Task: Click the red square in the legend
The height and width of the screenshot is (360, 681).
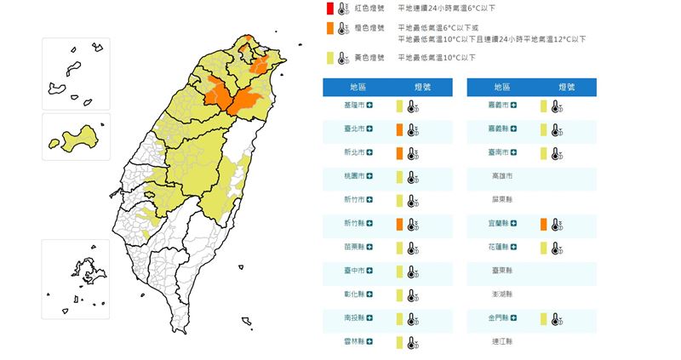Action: pos(329,9)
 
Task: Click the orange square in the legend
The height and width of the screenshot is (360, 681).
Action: pos(329,29)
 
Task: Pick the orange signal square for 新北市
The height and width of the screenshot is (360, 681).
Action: pos(398,152)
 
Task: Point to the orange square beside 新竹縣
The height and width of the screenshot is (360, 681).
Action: pos(398,224)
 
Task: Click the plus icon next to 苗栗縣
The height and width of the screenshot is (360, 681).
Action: pos(370,248)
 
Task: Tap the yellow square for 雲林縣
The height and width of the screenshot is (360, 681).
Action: pos(398,342)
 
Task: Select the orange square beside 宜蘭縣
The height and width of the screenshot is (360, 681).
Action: pos(542,224)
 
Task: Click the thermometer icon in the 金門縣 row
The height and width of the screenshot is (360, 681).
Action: pos(556,318)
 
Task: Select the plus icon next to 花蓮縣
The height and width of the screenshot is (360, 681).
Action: pos(515,248)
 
